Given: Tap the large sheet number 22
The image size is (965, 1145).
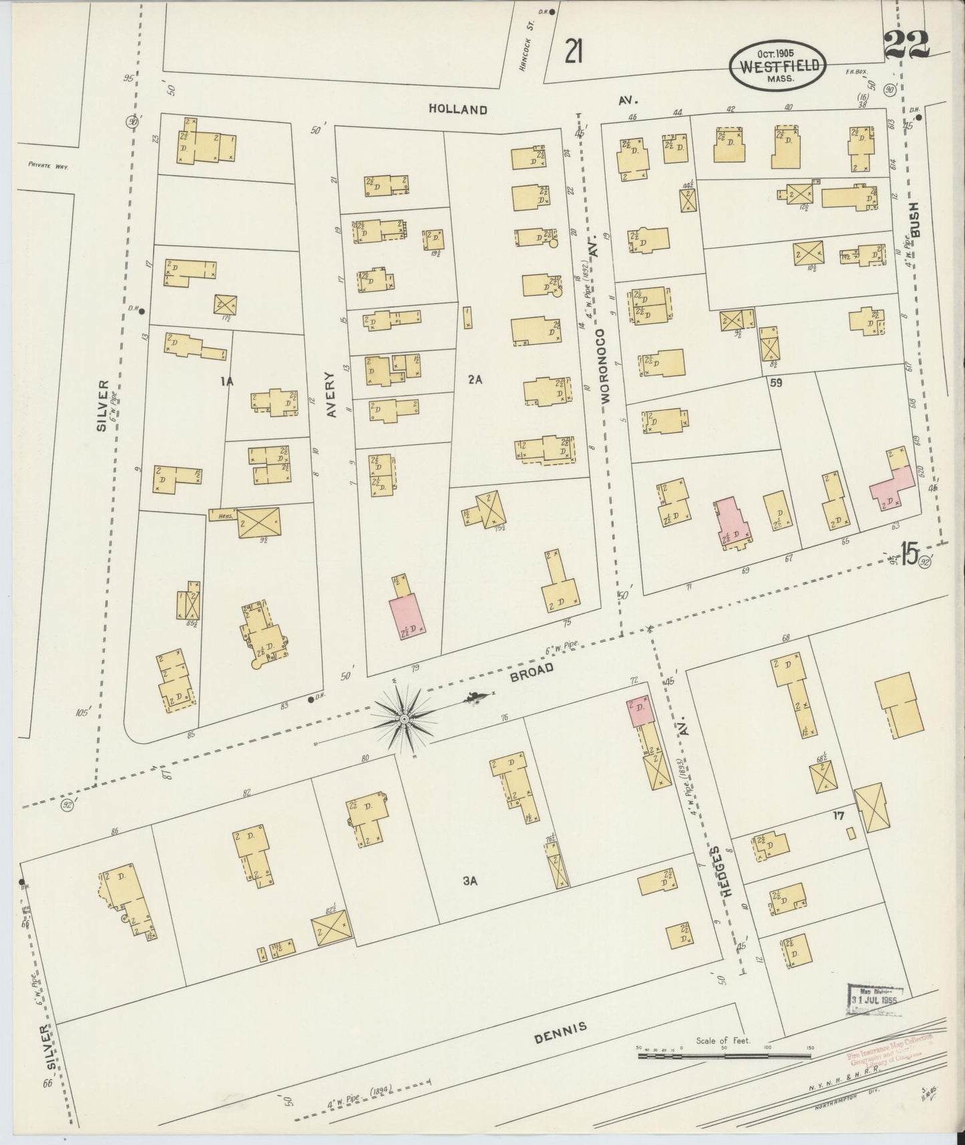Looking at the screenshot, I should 906,45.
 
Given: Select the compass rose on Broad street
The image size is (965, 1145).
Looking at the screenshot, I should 403,719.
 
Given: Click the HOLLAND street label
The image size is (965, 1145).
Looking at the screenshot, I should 458,109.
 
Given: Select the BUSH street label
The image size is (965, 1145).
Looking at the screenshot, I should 915,220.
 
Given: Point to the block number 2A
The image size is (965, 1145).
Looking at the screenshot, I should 475,379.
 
